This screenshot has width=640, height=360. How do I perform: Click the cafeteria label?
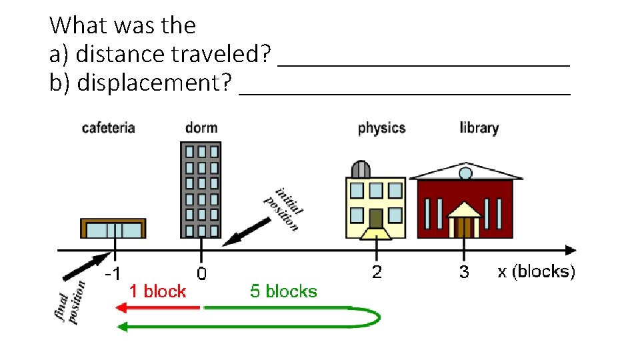coord(108,127)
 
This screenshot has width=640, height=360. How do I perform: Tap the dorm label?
coord(201,127)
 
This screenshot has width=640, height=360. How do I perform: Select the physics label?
coord(381,127)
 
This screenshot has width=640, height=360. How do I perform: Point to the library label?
coord(479,127)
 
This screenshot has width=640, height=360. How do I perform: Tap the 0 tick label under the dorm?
coord(201,274)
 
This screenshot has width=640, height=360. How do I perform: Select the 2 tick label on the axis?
coord(377,273)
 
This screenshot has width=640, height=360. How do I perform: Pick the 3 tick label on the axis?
coord(464,273)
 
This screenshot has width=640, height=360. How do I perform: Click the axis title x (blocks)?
coord(536,272)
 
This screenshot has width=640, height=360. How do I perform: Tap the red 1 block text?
coord(157,291)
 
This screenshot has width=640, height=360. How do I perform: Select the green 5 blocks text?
coord(283,291)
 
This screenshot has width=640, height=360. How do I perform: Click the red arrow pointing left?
coord(157,307)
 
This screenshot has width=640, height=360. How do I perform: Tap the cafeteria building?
coord(113,228)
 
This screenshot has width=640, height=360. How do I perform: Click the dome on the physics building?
coord(361,169)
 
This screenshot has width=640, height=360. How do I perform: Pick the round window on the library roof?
coord(465,173)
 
